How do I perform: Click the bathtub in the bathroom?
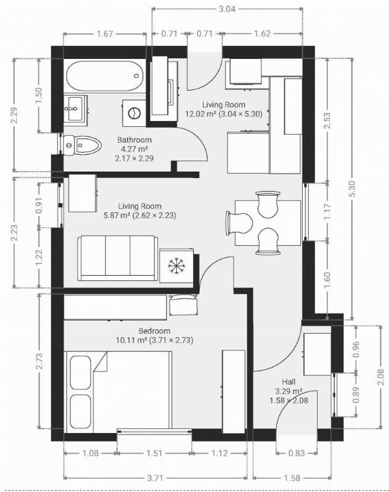click(104, 76)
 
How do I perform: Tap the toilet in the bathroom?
click(82, 145)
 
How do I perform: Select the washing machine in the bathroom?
click(134, 113)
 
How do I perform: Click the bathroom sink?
click(75, 108)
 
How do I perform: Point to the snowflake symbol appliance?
click(176, 265)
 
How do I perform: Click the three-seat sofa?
click(118, 258)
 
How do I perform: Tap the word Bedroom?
click(154, 331)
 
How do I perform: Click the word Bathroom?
click(134, 140)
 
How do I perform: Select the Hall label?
click(289, 382)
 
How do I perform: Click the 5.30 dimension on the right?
click(352, 189)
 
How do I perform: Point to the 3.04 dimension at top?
click(227, 9)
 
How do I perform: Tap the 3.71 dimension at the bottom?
click(155, 478)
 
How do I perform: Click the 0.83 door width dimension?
click(297, 453)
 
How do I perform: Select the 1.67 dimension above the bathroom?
click(104, 34)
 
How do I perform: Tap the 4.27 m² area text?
click(134, 149)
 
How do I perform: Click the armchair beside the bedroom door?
click(183, 305)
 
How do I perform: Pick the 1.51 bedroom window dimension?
click(154, 453)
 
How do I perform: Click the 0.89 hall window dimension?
click(356, 395)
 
